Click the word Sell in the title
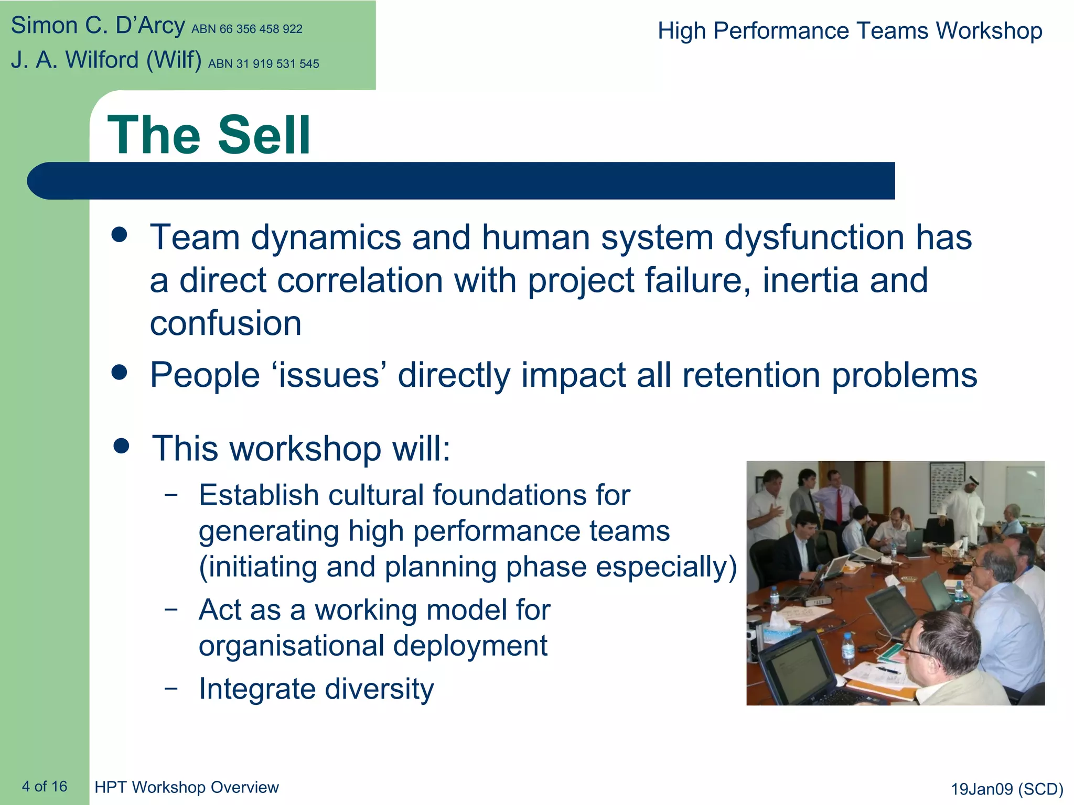(264, 135)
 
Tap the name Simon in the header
(44, 26)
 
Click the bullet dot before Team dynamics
(120, 235)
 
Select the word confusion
(225, 323)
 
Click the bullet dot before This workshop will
(121, 447)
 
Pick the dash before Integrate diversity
(171, 687)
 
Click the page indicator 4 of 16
(45, 786)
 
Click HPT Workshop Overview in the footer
(187, 787)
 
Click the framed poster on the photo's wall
(947, 487)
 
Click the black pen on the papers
(888, 670)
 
